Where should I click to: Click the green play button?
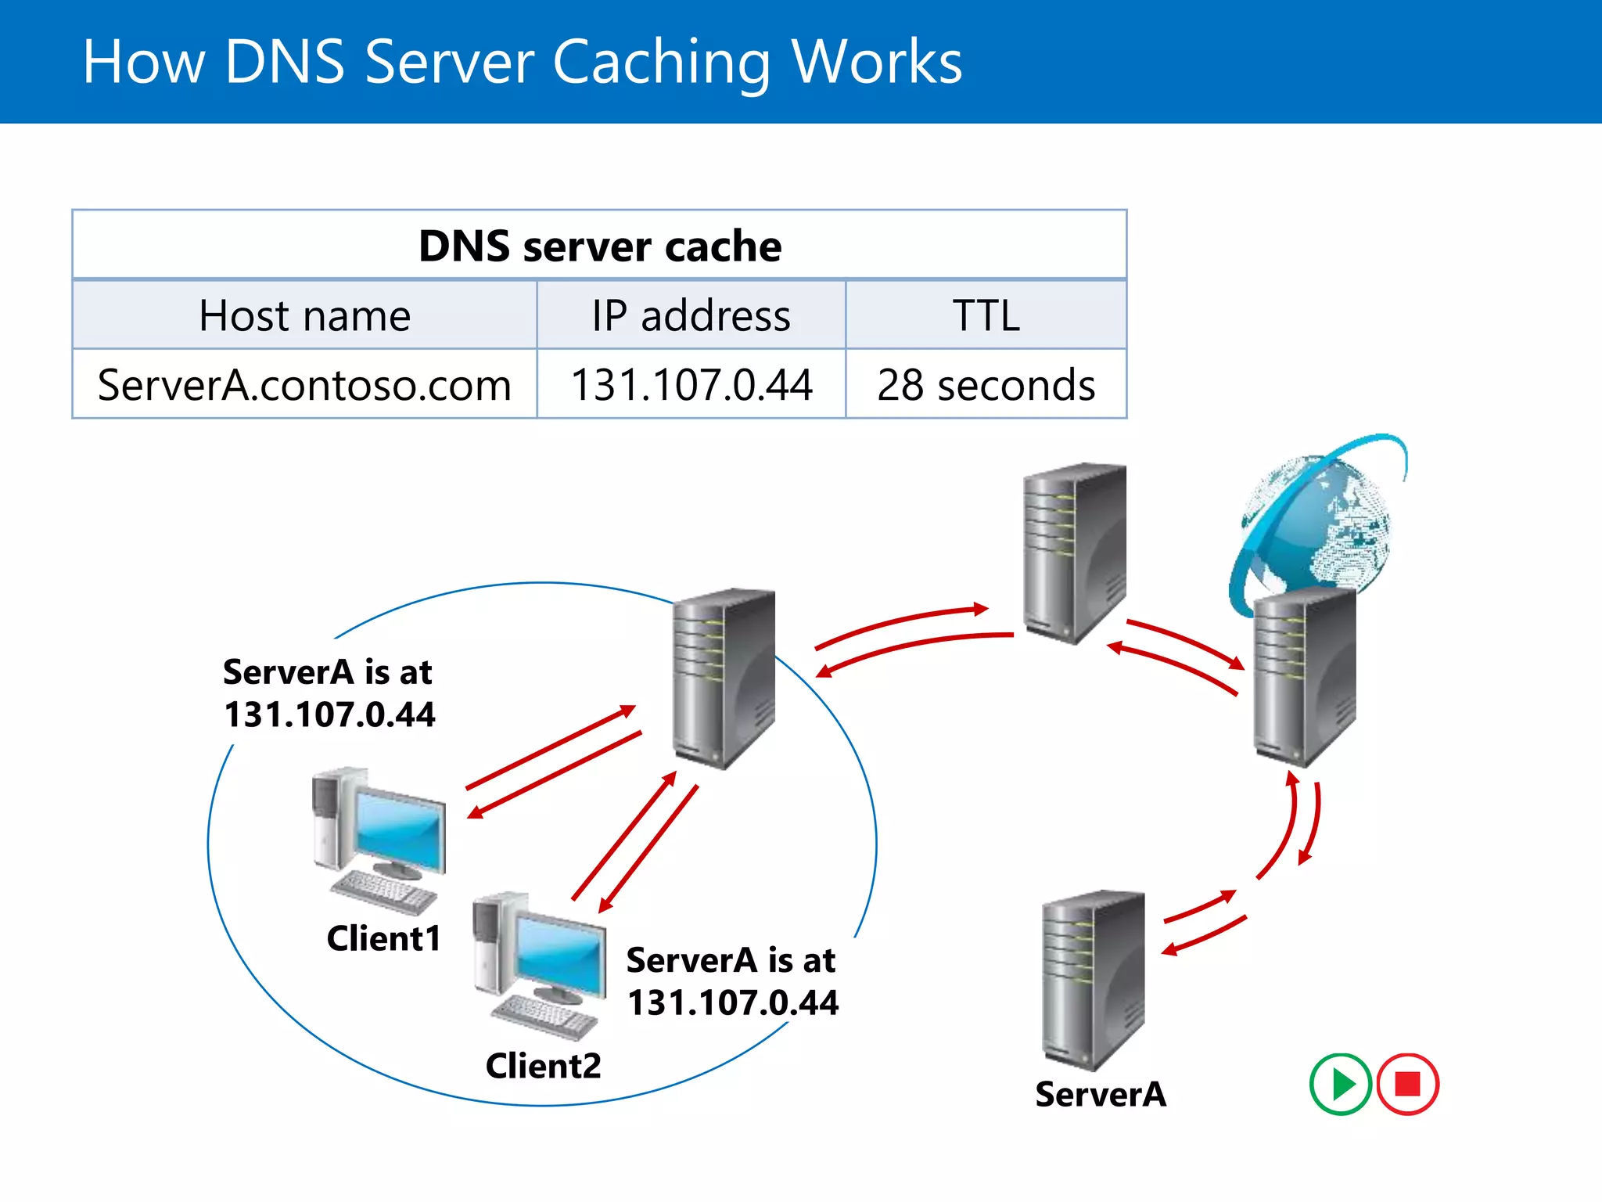[x=1340, y=1084]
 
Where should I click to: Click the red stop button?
[x=1407, y=1084]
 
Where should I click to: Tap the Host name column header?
[x=304, y=315]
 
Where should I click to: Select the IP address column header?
[x=691, y=315]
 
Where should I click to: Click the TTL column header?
[x=986, y=315]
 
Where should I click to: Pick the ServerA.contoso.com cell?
[x=304, y=384]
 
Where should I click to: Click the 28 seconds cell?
[x=986, y=384]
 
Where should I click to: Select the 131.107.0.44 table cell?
[x=691, y=384]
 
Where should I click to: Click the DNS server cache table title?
[x=599, y=246]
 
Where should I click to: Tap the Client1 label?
[x=383, y=938]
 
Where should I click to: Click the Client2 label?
[x=543, y=1065]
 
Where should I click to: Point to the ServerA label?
[x=1100, y=1094]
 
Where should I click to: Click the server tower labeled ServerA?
[x=1093, y=978]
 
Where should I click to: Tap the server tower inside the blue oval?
[x=724, y=677]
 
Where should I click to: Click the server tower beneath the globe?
[x=1304, y=677]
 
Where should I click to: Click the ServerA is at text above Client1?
[x=328, y=671]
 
